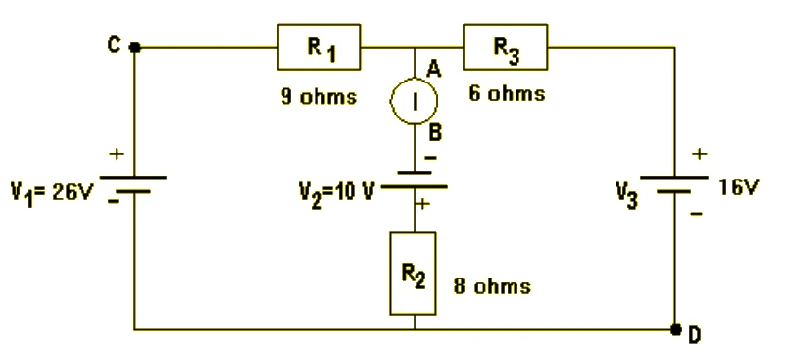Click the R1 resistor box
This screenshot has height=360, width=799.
tap(319, 47)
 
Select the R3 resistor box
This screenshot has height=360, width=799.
tap(506, 47)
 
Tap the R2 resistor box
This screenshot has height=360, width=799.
tap(413, 274)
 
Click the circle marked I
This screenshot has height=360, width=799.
tap(414, 101)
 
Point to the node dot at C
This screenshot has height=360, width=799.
tap(135, 48)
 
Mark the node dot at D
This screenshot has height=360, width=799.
tap(675, 330)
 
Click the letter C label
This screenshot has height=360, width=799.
tap(114, 46)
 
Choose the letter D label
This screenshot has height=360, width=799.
tap(694, 335)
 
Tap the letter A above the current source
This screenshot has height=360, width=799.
tap(433, 68)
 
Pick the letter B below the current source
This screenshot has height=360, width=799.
tap(435, 133)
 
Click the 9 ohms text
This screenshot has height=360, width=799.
tap(319, 96)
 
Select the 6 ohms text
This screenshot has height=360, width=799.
tap(507, 93)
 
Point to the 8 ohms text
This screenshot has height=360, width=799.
tap(492, 286)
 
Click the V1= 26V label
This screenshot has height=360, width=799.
tap(52, 193)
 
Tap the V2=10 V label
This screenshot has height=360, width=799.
tap(336, 193)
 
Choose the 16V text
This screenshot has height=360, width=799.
tap(739, 188)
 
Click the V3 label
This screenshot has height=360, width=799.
tap(627, 195)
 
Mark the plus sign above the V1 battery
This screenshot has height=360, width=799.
tap(117, 153)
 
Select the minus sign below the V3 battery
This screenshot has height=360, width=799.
tap(697, 213)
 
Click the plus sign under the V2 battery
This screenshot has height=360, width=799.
tap(423, 204)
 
